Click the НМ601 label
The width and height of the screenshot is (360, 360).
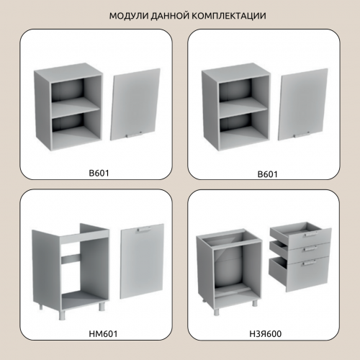tap(103, 334)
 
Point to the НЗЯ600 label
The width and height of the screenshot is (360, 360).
tap(265, 334)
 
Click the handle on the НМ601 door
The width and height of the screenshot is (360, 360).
tap(144, 230)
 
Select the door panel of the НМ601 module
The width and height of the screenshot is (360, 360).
tap(142, 261)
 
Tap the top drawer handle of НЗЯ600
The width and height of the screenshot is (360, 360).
tap(310, 234)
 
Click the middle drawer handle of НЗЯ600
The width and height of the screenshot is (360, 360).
tap(310, 248)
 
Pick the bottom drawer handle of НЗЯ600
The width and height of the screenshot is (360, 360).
tap(309, 264)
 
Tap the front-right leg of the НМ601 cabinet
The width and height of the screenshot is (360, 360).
tap(102, 307)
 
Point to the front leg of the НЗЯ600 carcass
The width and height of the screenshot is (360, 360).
tap(217, 312)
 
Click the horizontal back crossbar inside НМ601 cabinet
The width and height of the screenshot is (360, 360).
tap(71, 258)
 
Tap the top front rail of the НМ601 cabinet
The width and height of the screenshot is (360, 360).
tap(84, 237)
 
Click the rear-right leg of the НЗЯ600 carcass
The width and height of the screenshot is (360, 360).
tap(255, 303)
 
